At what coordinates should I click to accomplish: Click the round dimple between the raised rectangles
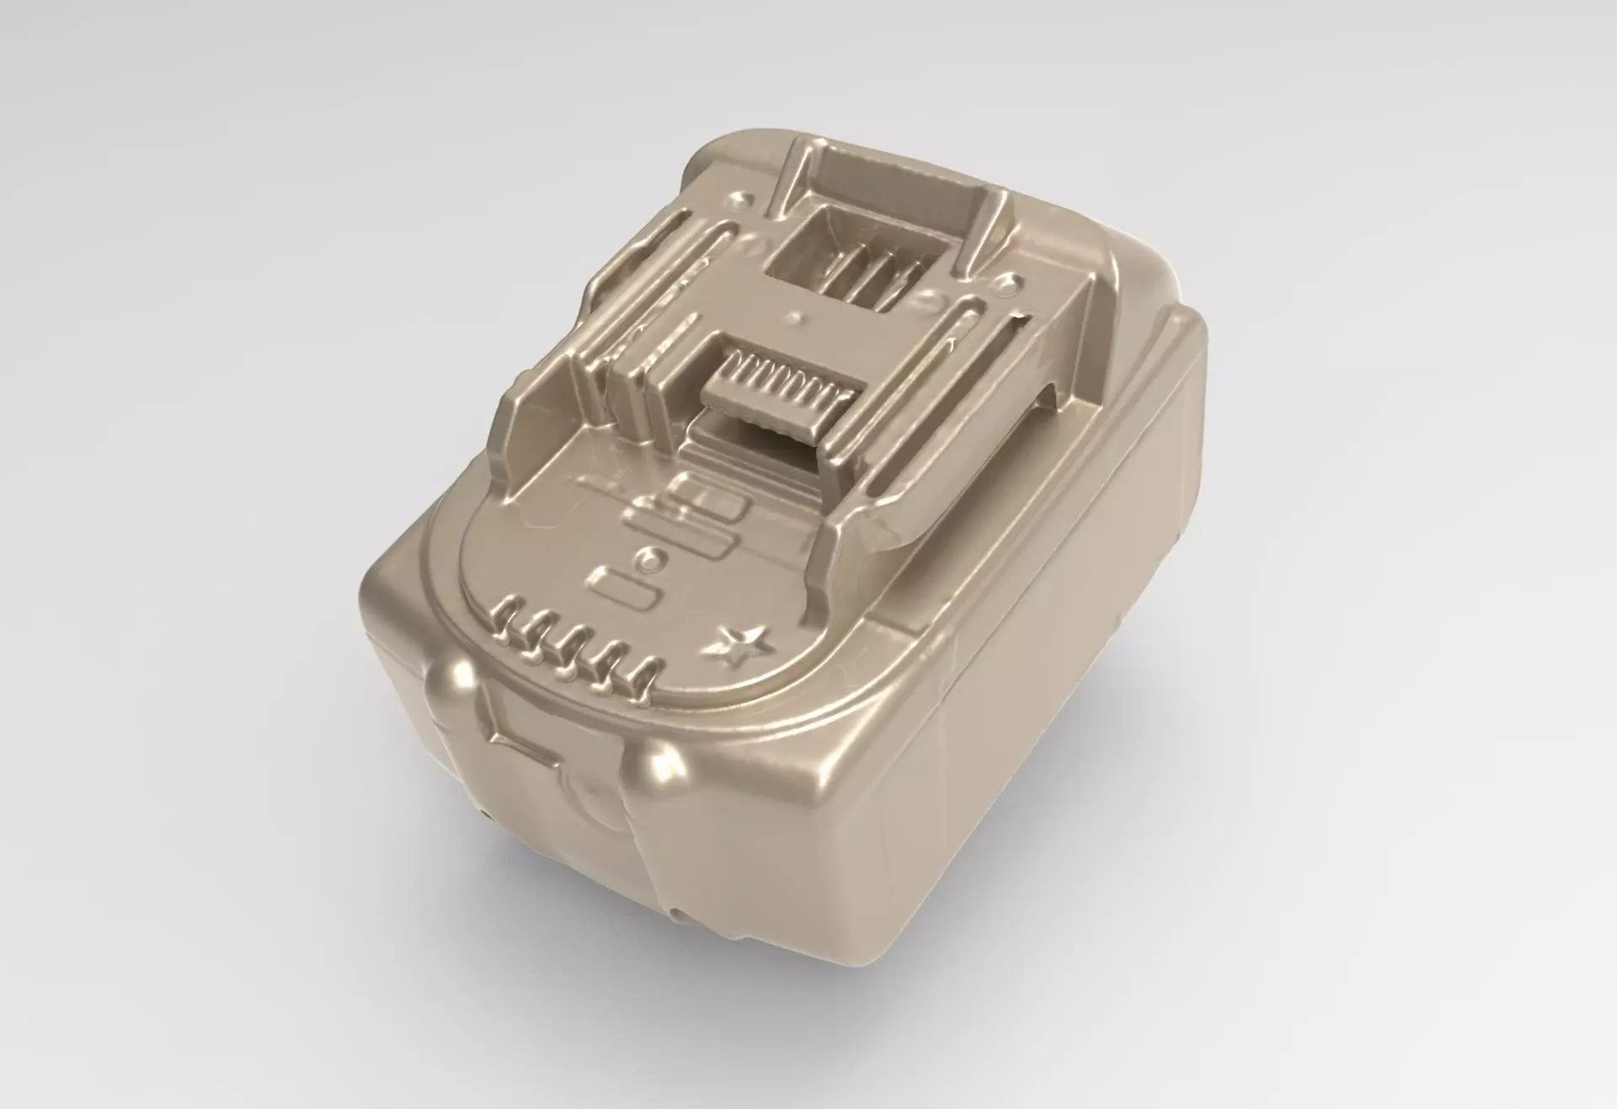(650, 557)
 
